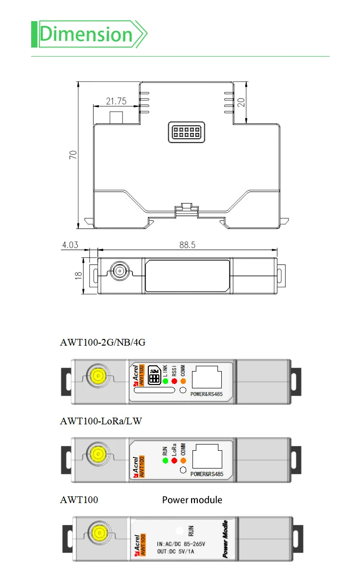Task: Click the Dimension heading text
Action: [x=86, y=35]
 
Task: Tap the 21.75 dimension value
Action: [x=116, y=101]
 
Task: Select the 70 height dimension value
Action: [x=73, y=155]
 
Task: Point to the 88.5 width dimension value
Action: [x=187, y=245]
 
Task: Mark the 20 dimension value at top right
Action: [x=241, y=102]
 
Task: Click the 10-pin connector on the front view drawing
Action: [x=186, y=132]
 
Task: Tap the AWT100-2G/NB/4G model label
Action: [x=102, y=343]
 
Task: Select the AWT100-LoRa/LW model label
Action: [x=101, y=421]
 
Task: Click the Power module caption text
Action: [x=192, y=500]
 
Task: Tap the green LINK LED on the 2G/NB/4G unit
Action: [x=165, y=381]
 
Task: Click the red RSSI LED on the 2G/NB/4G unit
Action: [x=174, y=381]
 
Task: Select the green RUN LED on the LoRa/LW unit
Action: [x=165, y=461]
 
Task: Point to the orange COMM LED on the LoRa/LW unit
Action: [x=183, y=461]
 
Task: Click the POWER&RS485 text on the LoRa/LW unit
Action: [x=207, y=474]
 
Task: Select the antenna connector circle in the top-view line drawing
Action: [x=118, y=272]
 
